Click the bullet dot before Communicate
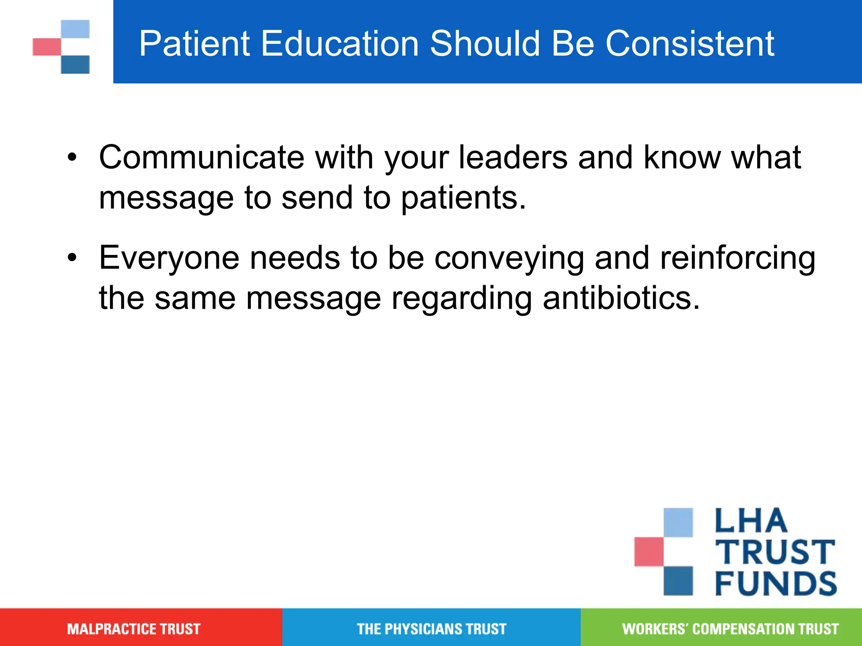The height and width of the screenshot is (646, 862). point(72,157)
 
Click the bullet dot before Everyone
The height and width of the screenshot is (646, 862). point(72,257)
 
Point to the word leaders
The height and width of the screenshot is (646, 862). point(513,157)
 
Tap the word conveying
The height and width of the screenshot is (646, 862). point(509,258)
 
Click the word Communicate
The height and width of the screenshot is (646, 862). point(202,157)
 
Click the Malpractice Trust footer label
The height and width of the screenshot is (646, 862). point(134,629)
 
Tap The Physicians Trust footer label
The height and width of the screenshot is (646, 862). point(431,629)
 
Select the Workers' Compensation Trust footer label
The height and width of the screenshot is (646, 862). point(730,629)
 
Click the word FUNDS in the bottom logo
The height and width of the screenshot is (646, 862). point(775,584)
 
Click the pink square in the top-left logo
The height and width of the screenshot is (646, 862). point(46,47)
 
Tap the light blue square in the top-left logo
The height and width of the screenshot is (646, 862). point(75,29)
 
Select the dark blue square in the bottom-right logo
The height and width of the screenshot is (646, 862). point(678,580)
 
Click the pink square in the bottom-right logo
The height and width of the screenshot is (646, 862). point(649,551)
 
